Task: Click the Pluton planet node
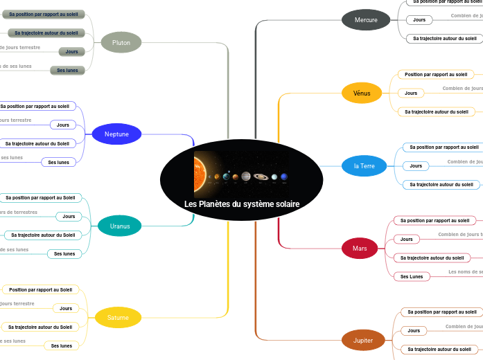[121, 43]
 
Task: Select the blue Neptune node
[116, 134]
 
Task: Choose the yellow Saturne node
[118, 318]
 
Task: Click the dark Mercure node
[366, 20]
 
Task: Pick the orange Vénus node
[362, 93]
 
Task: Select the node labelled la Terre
[365, 166]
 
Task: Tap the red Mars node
[360, 248]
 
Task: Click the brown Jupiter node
[363, 341]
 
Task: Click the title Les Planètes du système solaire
[242, 204]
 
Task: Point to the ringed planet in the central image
[261, 177]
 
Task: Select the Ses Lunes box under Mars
[412, 276]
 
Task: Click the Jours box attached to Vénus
[411, 93]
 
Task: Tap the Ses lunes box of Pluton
[67, 70]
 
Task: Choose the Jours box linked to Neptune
[62, 125]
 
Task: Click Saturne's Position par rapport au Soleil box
[40, 289]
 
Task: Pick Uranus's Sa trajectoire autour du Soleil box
[43, 235]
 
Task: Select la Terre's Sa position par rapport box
[444, 147]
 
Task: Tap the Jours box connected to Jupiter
[414, 331]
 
